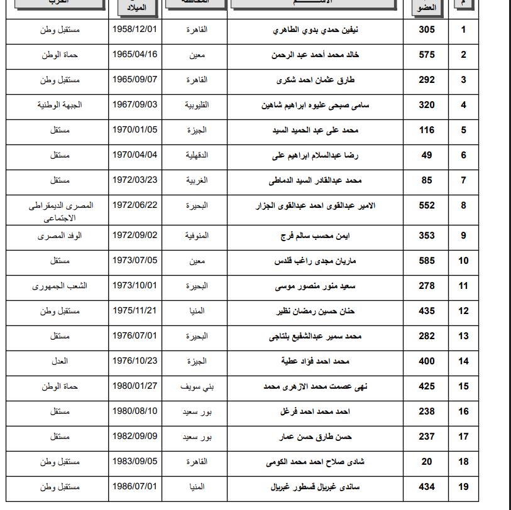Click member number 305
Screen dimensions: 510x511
(x=427, y=30)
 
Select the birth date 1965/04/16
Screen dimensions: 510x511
(x=135, y=55)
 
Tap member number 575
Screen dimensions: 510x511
(x=427, y=55)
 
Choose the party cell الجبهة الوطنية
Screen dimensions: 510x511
(x=59, y=105)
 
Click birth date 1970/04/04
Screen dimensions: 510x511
(x=135, y=155)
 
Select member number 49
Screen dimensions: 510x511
(x=427, y=155)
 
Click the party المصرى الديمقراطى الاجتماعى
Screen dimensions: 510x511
(x=59, y=212)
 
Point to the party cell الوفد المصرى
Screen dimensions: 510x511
(x=59, y=236)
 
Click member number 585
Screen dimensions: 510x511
(x=427, y=261)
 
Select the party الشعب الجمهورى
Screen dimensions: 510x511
(x=59, y=286)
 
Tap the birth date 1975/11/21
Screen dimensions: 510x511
(x=135, y=310)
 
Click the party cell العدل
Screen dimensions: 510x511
(x=59, y=361)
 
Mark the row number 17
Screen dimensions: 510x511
(x=463, y=437)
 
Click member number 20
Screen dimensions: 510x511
(x=427, y=462)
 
